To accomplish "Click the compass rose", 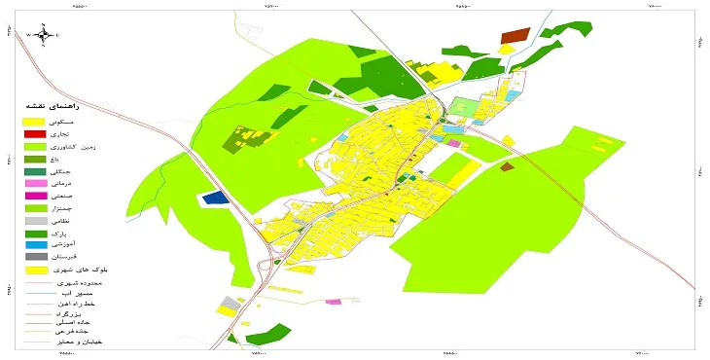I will tap(44, 35).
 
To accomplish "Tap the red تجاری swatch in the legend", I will tap(35, 132).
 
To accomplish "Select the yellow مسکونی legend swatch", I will tap(35, 120).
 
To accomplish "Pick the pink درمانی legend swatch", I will tap(35, 183).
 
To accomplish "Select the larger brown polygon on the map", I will tap(512, 37).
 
